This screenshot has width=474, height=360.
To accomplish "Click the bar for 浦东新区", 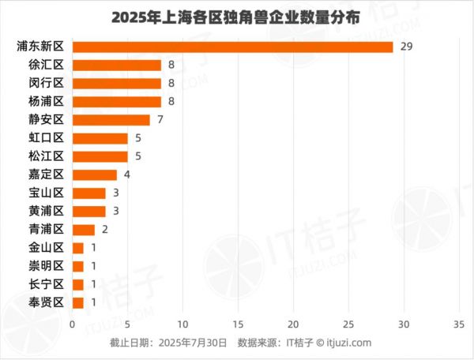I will (x=232, y=47).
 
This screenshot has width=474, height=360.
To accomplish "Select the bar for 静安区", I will (x=111, y=120).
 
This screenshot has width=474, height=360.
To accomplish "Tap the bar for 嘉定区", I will (x=94, y=174).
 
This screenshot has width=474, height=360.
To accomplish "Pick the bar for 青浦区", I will (x=83, y=230).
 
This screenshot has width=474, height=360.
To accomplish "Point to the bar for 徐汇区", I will (x=116, y=65).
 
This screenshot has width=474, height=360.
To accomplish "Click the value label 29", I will (x=407, y=47).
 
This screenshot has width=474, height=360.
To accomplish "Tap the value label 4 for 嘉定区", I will (x=126, y=174).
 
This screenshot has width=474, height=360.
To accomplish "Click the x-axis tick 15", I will (x=238, y=324).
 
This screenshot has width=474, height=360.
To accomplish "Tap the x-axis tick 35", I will (x=460, y=324).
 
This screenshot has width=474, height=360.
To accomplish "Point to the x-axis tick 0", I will (x=72, y=324).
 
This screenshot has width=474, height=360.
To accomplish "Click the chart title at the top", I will (x=236, y=17).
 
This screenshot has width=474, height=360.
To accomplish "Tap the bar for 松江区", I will (x=100, y=156).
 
